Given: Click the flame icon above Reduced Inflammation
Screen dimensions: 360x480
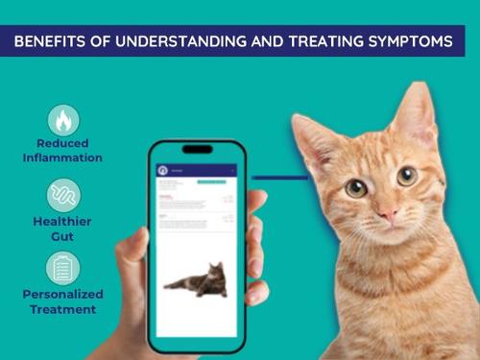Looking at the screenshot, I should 63,120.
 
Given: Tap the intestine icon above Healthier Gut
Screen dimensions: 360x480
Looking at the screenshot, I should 63,195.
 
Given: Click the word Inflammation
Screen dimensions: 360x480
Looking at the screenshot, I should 63,157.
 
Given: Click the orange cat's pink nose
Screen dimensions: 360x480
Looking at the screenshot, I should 388,209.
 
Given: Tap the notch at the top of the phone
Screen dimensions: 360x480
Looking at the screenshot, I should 197,149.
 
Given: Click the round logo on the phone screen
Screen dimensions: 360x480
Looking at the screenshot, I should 162,171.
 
